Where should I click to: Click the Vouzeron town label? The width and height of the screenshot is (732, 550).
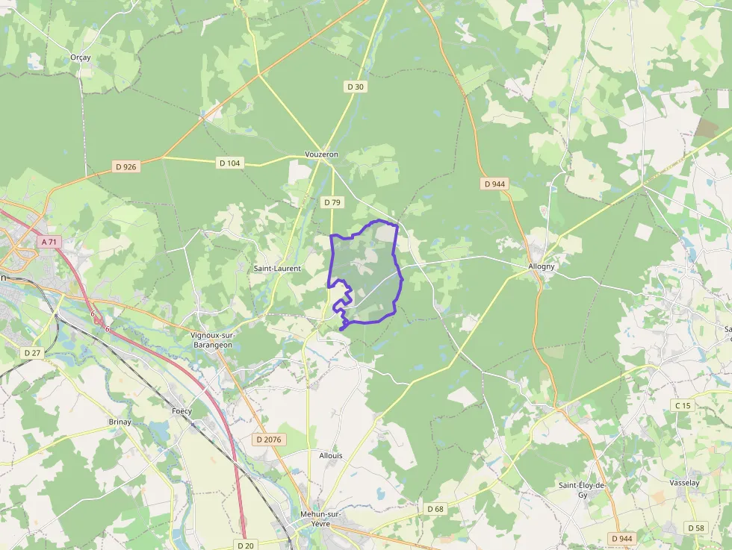point(321,154)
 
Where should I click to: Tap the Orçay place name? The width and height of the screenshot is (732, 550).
point(80,57)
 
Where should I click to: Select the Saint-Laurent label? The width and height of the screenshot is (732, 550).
point(277,268)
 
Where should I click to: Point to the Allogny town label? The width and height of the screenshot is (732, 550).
point(542,266)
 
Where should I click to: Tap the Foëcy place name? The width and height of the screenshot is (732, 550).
point(182,411)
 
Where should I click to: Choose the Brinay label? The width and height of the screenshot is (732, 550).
point(120,422)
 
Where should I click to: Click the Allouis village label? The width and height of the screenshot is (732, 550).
point(330,455)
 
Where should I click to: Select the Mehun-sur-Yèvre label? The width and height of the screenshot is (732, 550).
point(320,519)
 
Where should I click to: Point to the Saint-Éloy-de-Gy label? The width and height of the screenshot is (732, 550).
point(584,490)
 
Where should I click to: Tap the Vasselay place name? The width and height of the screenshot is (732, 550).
point(684,483)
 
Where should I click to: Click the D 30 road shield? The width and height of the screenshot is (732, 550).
point(356,87)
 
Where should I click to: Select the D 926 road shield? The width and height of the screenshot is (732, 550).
point(125,166)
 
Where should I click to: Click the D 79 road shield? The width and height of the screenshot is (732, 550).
point(332,202)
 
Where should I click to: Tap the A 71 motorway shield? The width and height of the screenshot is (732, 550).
point(49,242)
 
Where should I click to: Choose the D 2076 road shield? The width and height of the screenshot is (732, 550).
point(268,440)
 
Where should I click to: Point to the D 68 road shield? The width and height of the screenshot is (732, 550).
point(435,508)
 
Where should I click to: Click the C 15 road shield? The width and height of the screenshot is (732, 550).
point(683,405)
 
